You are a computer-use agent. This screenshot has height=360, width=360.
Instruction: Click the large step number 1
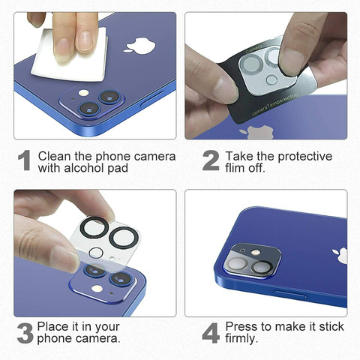point(25,160)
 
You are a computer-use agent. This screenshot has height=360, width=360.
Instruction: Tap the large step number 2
point(211,160)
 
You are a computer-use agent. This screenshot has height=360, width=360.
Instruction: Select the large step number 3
point(25,333)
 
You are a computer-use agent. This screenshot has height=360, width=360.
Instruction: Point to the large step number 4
point(211,333)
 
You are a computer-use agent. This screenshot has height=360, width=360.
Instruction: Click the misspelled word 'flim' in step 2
point(235,167)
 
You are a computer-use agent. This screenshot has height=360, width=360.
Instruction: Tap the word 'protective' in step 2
point(304,157)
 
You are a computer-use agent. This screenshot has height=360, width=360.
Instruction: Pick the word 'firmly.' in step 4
point(241,338)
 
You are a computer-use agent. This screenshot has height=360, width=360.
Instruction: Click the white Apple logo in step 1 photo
point(139,46)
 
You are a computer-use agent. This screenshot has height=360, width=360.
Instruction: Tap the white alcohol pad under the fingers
point(70,58)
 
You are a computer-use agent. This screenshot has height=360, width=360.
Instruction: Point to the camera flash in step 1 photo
point(83,93)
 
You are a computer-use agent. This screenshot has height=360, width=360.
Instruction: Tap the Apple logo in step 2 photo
point(256,133)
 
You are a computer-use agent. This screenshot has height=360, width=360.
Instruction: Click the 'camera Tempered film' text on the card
point(275,104)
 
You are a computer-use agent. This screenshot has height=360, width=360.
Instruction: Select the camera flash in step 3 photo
point(97,289)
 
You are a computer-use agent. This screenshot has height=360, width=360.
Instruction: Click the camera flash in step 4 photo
point(256,252)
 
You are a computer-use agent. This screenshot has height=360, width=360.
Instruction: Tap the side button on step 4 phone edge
point(291,294)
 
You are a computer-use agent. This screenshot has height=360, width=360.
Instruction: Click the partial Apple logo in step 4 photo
point(340,256)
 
